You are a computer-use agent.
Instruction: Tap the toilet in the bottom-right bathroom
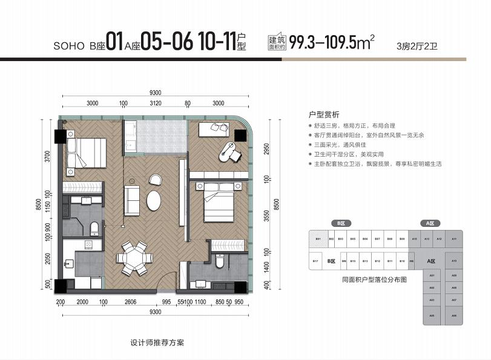[x=220, y=261]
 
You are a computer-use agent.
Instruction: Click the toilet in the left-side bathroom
[x=94, y=228]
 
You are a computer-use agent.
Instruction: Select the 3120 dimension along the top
[x=155, y=103]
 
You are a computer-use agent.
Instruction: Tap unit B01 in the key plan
[x=317, y=239]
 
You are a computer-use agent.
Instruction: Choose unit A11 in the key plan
[x=453, y=239]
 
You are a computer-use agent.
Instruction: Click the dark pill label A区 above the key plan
[x=429, y=223]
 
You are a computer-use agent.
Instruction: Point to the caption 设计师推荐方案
[x=157, y=342]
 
